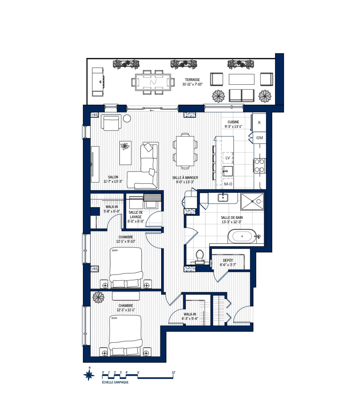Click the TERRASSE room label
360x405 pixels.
(x=192, y=80)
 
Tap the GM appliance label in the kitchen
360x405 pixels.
(x=259, y=138)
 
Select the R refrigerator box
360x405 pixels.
(x=259, y=122)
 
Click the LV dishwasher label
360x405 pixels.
(x=228, y=158)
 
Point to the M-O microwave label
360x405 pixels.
(x=228, y=184)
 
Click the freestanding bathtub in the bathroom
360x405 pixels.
(x=242, y=236)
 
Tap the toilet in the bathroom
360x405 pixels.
(x=199, y=256)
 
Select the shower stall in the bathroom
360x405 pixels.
(x=252, y=202)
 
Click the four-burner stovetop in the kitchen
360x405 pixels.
(x=259, y=166)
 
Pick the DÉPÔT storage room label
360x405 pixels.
(x=228, y=260)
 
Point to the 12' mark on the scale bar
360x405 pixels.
(x=173, y=373)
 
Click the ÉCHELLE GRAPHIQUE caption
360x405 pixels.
(x=115, y=382)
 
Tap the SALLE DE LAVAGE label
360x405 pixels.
(x=136, y=214)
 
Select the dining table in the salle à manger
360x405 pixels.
(x=185, y=151)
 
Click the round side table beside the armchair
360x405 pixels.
(x=127, y=118)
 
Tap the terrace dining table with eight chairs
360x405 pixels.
(x=153, y=82)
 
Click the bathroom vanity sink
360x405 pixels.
(x=223, y=198)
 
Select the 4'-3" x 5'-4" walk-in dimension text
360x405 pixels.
(x=190, y=319)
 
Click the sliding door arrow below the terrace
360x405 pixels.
(x=152, y=110)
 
